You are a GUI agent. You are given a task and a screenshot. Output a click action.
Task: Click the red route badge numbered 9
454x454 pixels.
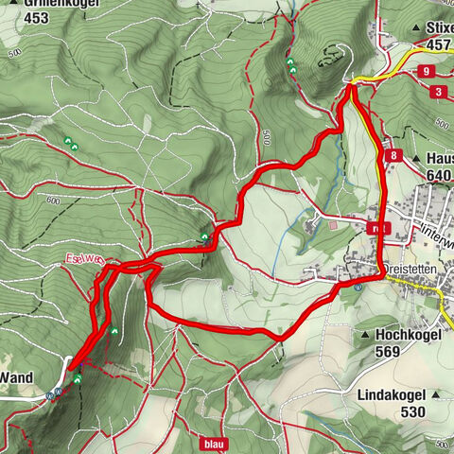[428, 71]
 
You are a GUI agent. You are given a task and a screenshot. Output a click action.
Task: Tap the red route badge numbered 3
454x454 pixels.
[441, 92]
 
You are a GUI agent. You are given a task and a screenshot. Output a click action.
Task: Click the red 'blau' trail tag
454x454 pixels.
[215, 442]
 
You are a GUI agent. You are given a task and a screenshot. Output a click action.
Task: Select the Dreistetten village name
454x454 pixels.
[414, 270]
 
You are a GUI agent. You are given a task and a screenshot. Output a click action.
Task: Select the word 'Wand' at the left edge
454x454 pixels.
[16, 377]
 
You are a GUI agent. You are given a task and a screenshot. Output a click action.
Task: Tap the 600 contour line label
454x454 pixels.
[51, 200]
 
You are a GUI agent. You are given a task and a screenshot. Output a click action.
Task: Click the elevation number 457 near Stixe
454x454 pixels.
[440, 44]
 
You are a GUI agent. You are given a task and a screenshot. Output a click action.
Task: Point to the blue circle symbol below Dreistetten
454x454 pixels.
[358, 288]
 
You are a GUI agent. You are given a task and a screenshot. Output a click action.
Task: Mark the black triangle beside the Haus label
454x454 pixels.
[417, 158]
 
